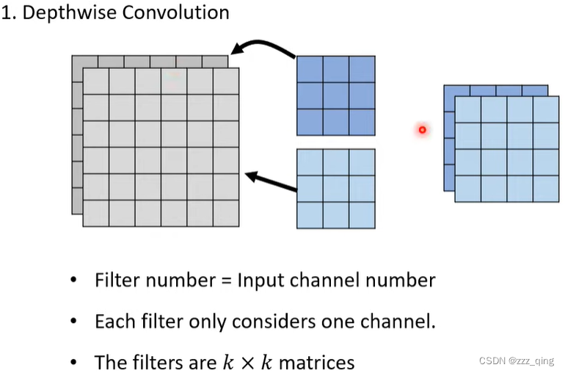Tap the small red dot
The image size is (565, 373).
422,130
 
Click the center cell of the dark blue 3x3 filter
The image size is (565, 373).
336,95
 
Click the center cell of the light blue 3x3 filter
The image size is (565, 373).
336,189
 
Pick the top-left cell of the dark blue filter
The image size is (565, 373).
310,69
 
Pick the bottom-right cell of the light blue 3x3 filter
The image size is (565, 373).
362,215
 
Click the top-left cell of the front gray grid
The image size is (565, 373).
96,82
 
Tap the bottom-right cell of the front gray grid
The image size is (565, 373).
226,213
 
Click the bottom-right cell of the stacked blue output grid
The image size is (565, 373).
546,189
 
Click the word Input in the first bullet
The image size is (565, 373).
258,281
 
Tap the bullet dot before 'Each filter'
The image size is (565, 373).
73,322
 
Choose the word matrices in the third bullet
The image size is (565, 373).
316,363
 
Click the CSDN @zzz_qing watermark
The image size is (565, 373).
516,361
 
